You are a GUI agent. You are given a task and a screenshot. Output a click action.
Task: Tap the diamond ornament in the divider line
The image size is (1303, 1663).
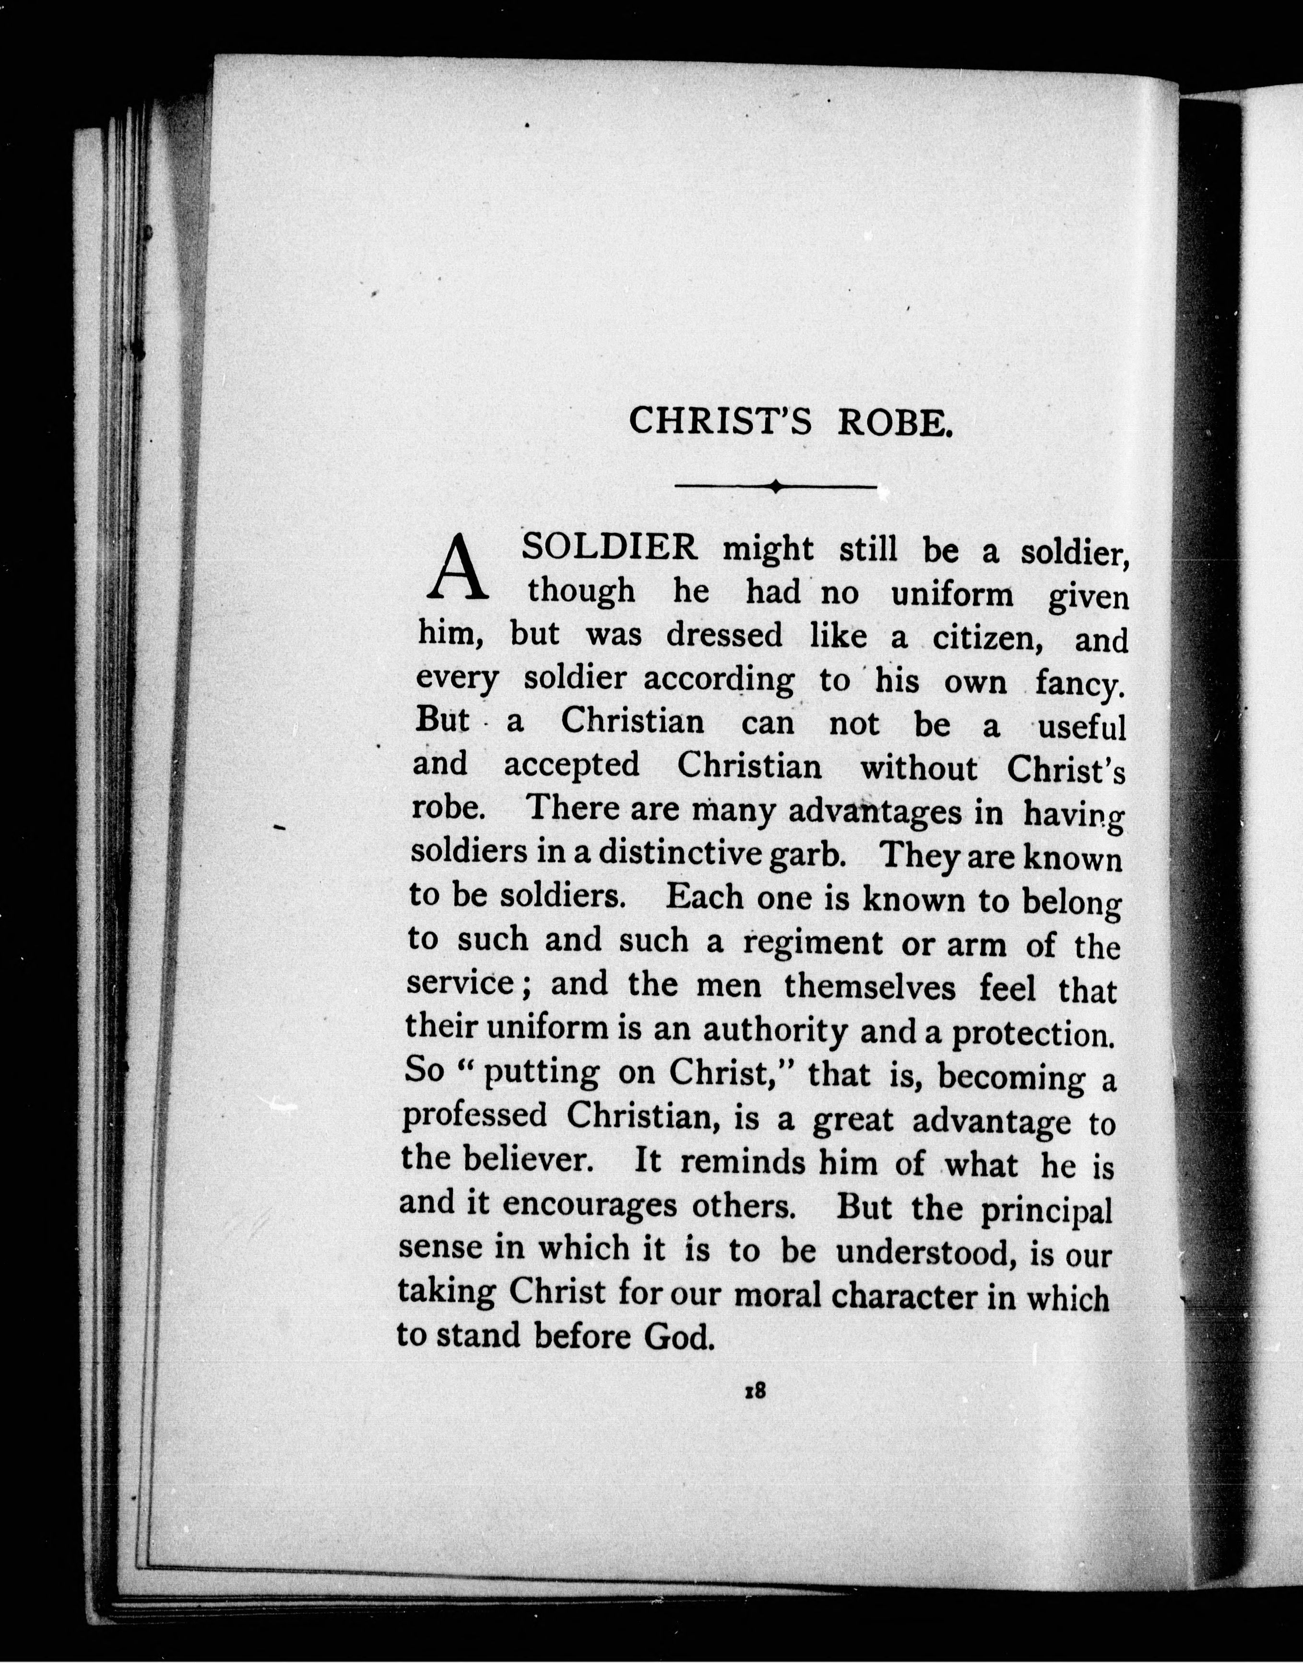pyautogui.click(x=775, y=485)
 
